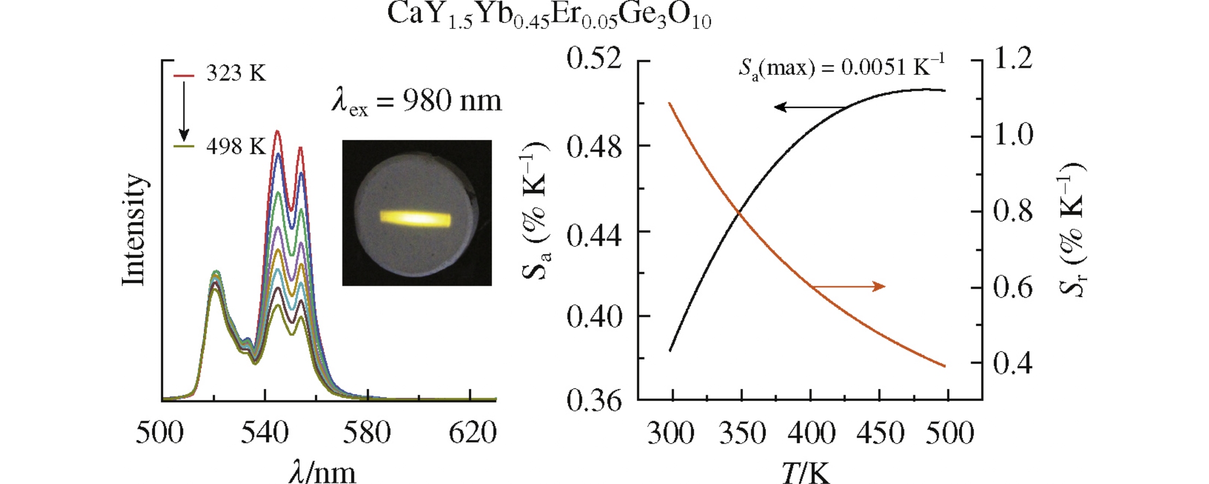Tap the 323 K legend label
pyautogui.click(x=236, y=73)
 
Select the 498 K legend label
pyautogui.click(x=236, y=146)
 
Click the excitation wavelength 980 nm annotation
pyautogui.click(x=416, y=101)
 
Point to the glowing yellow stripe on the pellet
pyautogui.click(x=416, y=219)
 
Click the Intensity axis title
pyautogui.click(x=134, y=229)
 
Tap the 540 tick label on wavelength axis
pyautogui.click(x=264, y=433)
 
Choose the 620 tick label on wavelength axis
pyautogui.click(x=473, y=433)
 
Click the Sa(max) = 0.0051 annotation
pyautogui.click(x=841, y=67)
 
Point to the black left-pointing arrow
pyautogui.click(x=809, y=107)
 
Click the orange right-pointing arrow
pyautogui.click(x=850, y=286)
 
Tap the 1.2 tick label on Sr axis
pyautogui.click(x=1013, y=58)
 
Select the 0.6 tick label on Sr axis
pyautogui.click(x=1013, y=287)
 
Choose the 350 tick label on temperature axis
pyautogui.click(x=742, y=433)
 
